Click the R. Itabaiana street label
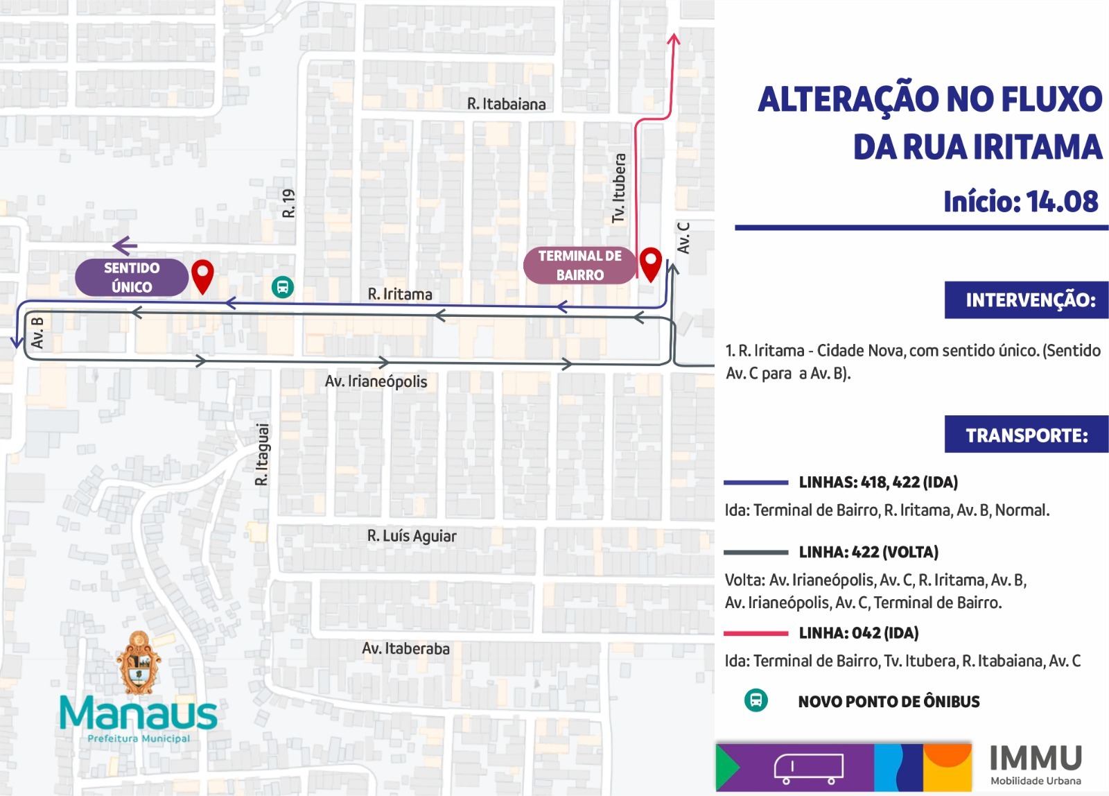pyautogui.click(x=506, y=104)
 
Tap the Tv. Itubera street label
pyautogui.click(x=619, y=188)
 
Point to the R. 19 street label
pyautogui.click(x=289, y=203)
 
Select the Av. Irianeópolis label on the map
pyautogui.click(x=376, y=381)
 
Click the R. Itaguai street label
pyautogui.click(x=262, y=454)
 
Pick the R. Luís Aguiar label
pyautogui.click(x=412, y=536)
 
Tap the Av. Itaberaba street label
pyautogui.click(x=405, y=649)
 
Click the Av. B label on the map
pyautogui.click(x=37, y=332)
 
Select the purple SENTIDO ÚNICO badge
pyautogui.click(x=132, y=277)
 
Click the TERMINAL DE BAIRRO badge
pyautogui.click(x=579, y=266)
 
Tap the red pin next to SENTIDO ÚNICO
pyautogui.click(x=202, y=275)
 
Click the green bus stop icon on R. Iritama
pyautogui.click(x=283, y=286)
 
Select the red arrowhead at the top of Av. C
pyautogui.click(x=673, y=40)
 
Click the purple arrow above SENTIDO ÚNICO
pyautogui.click(x=125, y=245)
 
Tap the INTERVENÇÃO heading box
pyautogui.click(x=1027, y=300)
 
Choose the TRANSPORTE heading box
pyautogui.click(x=1027, y=435)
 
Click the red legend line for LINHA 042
pyautogui.click(x=756, y=633)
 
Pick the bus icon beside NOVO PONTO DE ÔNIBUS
pyautogui.click(x=756, y=700)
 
